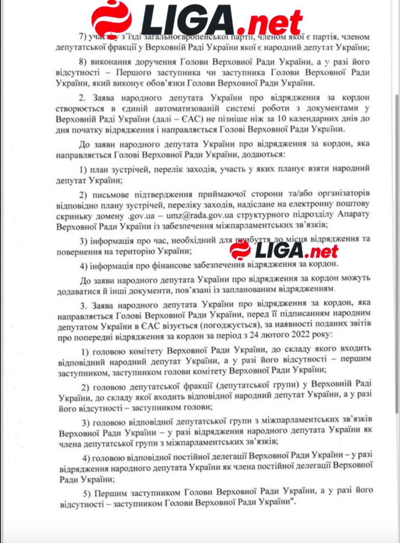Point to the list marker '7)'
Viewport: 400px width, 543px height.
pos(83,37)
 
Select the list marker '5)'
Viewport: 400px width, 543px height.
pos(87,493)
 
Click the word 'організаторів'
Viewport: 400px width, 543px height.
pos(344,193)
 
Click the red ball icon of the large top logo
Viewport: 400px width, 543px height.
pos(111,19)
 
